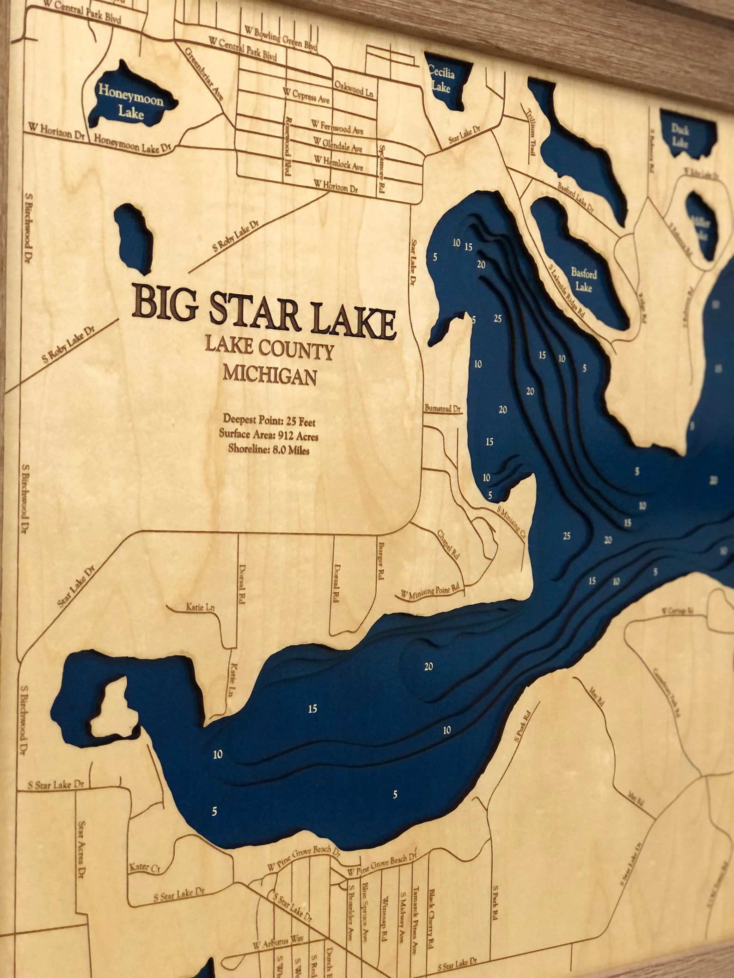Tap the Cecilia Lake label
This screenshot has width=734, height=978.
441,79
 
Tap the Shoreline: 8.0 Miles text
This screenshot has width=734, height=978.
269,449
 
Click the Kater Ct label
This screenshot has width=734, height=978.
145,867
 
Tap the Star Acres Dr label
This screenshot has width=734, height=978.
83,848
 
